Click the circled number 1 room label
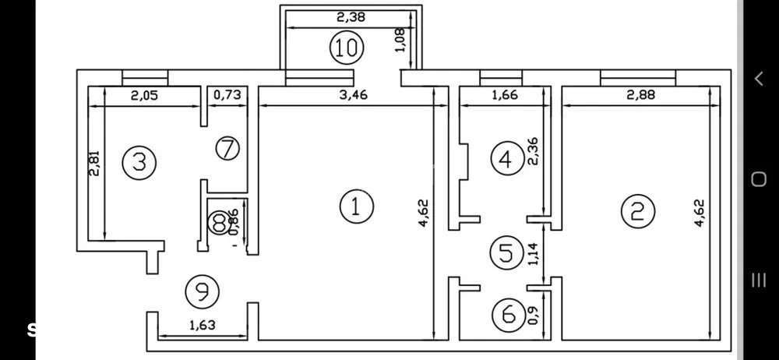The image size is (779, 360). [357, 206]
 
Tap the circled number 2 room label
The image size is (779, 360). [637, 211]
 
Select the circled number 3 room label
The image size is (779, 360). [140, 162]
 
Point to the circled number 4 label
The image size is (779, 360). [506, 159]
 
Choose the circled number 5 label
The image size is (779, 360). [506, 252]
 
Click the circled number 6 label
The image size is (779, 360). [509, 315]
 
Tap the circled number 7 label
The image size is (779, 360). [227, 148]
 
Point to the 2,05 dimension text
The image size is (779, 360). [143, 95]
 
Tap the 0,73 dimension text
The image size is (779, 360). [227, 95]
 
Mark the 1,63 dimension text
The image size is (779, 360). [201, 325]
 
